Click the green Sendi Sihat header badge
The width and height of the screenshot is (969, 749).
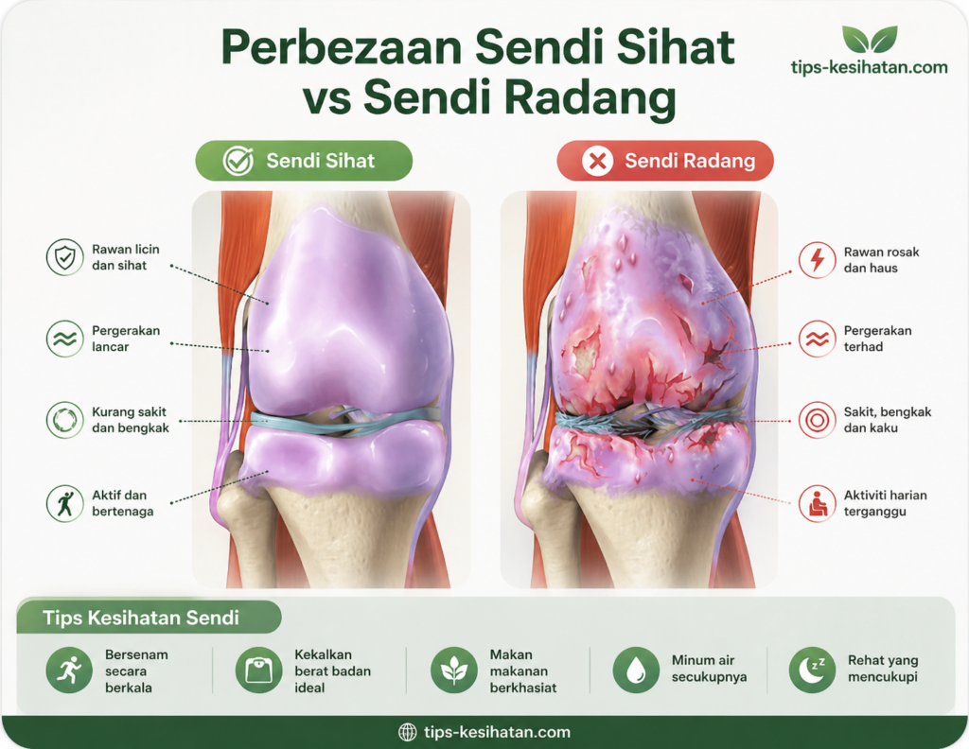(304, 161)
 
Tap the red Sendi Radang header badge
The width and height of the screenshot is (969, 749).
(665, 161)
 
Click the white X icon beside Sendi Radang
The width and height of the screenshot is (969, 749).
(598, 161)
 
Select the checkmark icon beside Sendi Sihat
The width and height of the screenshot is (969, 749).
(238, 161)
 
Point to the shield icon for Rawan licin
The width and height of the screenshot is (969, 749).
(65, 257)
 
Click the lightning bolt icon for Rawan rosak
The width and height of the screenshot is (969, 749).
(817, 260)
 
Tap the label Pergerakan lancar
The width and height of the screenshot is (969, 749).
(126, 339)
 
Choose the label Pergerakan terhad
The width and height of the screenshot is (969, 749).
(877, 339)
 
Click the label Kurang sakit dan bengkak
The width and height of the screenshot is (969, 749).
(131, 420)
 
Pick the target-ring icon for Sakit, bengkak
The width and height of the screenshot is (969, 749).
(817, 420)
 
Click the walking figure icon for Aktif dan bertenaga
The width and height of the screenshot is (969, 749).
(65, 503)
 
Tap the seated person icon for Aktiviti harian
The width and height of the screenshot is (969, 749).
(817, 503)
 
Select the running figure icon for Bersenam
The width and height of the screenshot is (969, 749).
(69, 670)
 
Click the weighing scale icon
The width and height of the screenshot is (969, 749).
(259, 670)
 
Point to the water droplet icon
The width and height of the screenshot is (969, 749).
(636, 670)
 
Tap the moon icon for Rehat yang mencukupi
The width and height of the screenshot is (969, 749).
(812, 670)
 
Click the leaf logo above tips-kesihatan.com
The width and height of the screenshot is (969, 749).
(870, 40)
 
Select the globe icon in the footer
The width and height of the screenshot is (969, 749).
(407, 732)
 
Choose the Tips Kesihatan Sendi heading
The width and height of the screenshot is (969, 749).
(141, 618)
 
